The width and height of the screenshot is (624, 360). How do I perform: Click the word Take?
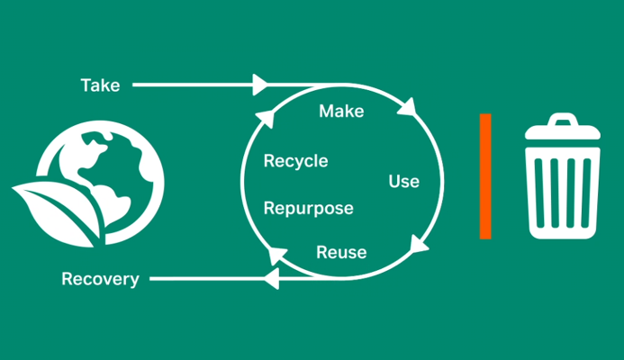click(100, 85)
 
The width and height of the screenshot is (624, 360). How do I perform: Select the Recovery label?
click(100, 279)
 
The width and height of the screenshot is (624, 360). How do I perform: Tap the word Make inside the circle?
click(341, 112)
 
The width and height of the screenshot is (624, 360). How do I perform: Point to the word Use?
click(403, 182)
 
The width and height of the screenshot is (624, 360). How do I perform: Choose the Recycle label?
click(295, 162)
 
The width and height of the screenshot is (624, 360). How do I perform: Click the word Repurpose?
click(308, 209)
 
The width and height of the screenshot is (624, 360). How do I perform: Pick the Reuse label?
click(341, 253)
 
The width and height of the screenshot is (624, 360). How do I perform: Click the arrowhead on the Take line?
click(260, 85)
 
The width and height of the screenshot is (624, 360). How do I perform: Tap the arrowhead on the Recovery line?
click(267, 279)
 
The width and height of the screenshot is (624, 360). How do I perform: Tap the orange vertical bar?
click(485, 176)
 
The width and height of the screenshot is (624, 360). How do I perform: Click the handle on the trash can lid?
click(563, 119)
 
